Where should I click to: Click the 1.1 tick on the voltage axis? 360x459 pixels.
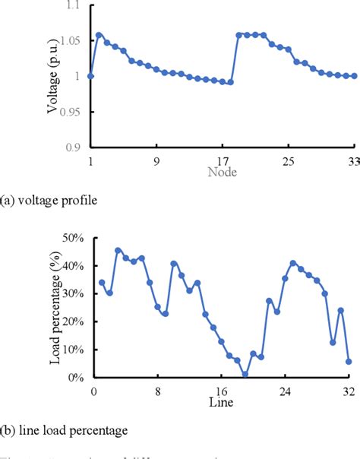(x=73, y=5)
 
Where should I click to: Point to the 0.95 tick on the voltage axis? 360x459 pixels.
(x=70, y=112)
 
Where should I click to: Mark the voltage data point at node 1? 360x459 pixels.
(x=90, y=76)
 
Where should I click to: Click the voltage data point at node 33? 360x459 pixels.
(x=355, y=76)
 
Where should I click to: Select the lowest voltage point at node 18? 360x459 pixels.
(x=231, y=82)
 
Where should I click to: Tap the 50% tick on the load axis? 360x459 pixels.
(x=73, y=238)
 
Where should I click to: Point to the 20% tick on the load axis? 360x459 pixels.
(x=73, y=321)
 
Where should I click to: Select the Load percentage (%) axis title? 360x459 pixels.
(x=55, y=306)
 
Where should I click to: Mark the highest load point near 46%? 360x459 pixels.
(x=118, y=250)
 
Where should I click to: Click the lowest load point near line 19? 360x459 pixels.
(x=245, y=374)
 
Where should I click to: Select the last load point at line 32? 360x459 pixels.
(x=349, y=362)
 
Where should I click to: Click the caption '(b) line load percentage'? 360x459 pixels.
(x=64, y=430)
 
